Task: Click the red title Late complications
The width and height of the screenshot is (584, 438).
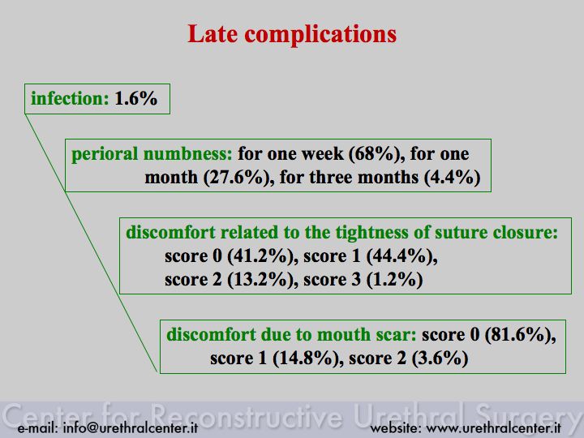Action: [292, 35]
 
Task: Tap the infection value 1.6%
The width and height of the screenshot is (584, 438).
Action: [136, 99]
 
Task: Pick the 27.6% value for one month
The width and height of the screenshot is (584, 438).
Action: [236, 178]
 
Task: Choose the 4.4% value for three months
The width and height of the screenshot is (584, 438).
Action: [453, 178]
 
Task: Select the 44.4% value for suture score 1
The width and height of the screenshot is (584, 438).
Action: [399, 256]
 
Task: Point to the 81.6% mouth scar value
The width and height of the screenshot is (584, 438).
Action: [518, 334]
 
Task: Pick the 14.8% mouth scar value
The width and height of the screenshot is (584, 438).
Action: [306, 359]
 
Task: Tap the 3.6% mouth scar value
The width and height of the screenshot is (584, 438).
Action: [440, 359]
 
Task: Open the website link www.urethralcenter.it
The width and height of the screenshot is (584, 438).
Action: [493, 428]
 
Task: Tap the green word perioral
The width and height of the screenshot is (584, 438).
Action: [105, 154]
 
